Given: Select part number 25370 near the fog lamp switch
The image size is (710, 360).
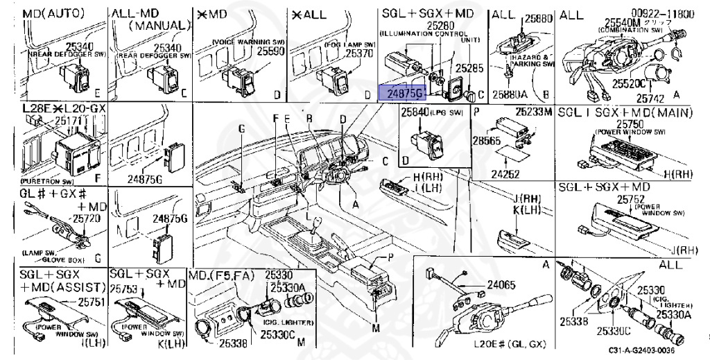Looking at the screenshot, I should click(x=359, y=53).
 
